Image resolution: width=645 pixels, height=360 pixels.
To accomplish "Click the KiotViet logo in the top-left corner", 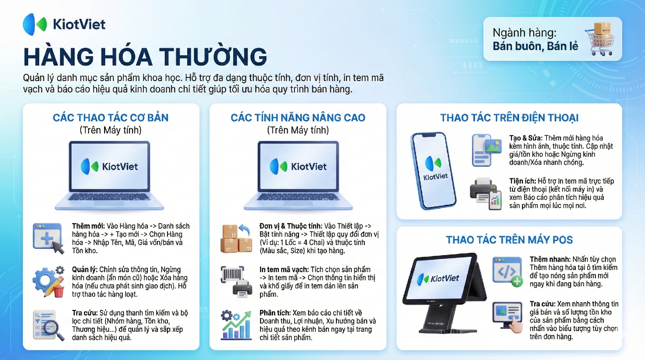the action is pyautogui.click(x=64, y=24).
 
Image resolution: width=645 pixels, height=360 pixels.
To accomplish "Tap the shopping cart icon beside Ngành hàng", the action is pyautogui.click(x=600, y=39).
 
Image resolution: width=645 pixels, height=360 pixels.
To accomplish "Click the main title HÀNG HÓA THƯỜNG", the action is pyautogui.click(x=145, y=56).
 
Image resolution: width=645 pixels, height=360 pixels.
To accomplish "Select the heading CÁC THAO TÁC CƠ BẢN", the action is pyautogui.click(x=111, y=118).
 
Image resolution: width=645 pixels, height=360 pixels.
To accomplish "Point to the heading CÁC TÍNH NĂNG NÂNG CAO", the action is pyautogui.click(x=298, y=118).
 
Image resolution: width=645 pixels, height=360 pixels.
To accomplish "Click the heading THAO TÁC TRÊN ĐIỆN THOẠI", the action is pyautogui.click(x=509, y=118).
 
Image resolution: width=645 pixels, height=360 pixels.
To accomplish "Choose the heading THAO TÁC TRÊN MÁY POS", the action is pyautogui.click(x=509, y=240).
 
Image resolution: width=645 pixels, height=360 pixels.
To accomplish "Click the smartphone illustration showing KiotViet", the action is pyautogui.click(x=433, y=170).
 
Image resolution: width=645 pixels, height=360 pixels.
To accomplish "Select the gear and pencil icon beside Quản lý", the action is pyautogui.click(x=49, y=282).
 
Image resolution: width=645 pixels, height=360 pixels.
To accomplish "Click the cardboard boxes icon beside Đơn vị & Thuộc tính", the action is pyautogui.click(x=236, y=238).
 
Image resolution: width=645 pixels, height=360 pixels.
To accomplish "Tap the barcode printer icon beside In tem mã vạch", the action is pyautogui.click(x=236, y=282).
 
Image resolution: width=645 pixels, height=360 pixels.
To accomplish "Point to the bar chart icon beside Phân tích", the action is pyautogui.click(x=236, y=325).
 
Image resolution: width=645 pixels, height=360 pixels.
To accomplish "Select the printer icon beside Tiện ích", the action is pyautogui.click(x=486, y=194).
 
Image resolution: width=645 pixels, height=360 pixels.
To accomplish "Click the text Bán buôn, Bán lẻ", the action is pyautogui.click(x=535, y=46).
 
